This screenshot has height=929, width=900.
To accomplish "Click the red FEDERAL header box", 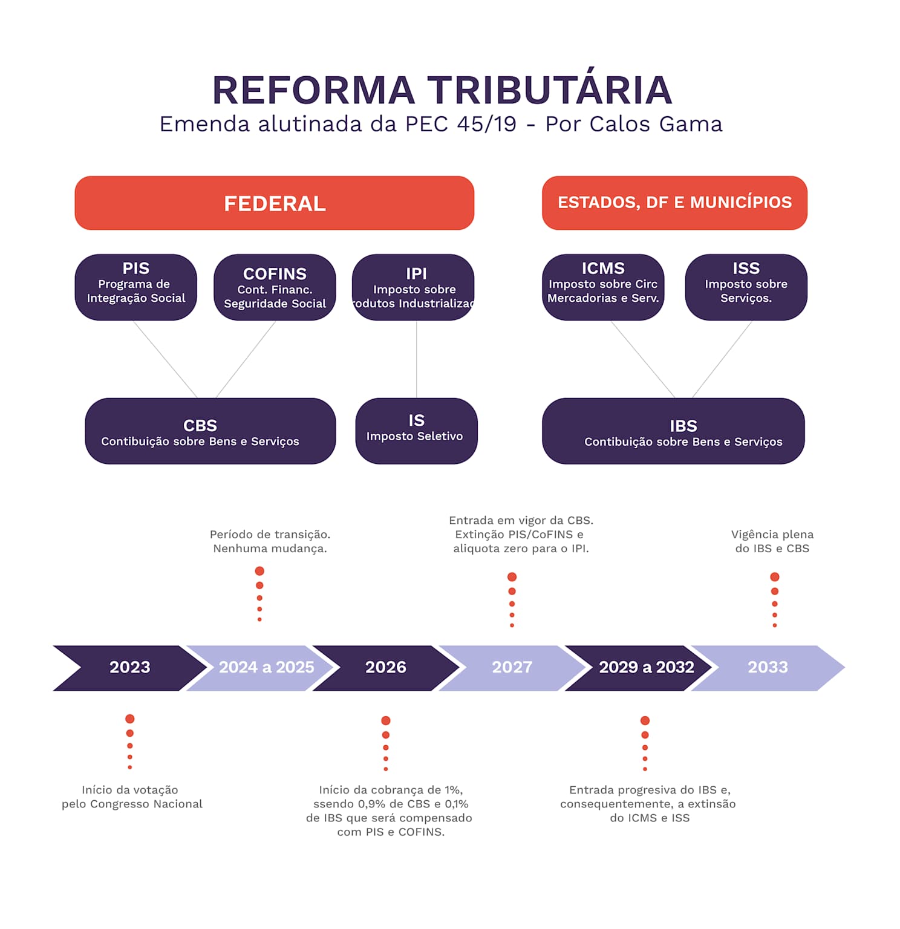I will [x=274, y=203].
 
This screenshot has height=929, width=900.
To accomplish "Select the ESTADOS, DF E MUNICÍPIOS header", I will [x=674, y=203].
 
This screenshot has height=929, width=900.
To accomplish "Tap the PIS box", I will [x=136, y=287].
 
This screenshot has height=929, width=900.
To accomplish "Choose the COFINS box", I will [x=275, y=287].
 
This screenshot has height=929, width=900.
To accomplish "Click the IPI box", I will [x=414, y=287].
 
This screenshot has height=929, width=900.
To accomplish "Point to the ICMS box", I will [x=603, y=287].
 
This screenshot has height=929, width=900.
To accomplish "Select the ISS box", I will [x=746, y=287].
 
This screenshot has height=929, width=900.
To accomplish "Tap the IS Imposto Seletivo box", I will [x=416, y=431].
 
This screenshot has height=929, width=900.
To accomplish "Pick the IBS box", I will [x=673, y=431].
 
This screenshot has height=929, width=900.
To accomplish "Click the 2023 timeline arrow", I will [x=130, y=668].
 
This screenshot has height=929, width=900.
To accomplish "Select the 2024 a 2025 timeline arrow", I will [x=266, y=668].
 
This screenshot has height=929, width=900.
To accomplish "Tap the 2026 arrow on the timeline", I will [x=386, y=668].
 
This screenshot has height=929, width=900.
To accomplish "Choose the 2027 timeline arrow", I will [x=512, y=668].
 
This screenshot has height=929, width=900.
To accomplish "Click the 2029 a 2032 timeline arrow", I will [x=646, y=668].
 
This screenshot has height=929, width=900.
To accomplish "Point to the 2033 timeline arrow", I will [x=768, y=668].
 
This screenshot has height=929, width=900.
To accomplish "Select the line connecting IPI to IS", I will [x=416, y=359].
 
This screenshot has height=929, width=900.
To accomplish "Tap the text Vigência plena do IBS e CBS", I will [x=772, y=541].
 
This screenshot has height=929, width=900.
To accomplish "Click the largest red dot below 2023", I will [x=130, y=719].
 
